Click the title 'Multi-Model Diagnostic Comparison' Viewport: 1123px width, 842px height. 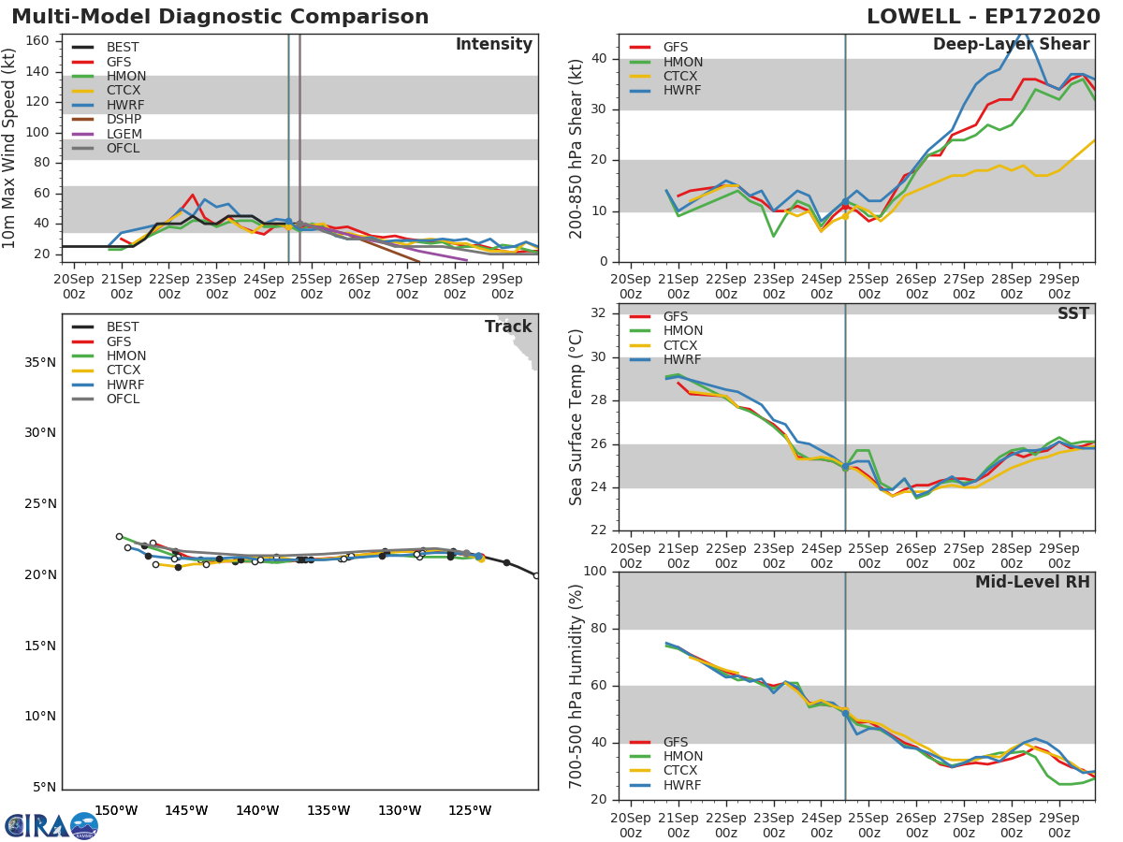point(220,17)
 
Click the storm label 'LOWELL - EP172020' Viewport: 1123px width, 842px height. point(984,17)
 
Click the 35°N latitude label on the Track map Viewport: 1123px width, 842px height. point(40,362)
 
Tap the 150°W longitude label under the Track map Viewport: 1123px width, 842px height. point(116,811)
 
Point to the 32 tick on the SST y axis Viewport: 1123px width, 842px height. point(599,312)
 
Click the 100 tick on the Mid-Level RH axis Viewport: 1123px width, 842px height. point(595,571)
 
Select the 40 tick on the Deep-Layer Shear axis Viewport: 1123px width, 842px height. point(599,58)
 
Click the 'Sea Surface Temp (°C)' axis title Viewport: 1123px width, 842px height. point(576,417)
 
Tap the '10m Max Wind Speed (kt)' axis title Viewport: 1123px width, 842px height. point(8,148)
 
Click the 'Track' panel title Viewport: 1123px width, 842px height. point(508,327)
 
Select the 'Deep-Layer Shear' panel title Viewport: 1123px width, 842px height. point(1012,45)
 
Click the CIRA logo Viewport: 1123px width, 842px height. point(51,826)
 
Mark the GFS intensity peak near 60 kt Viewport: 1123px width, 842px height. point(193,195)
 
